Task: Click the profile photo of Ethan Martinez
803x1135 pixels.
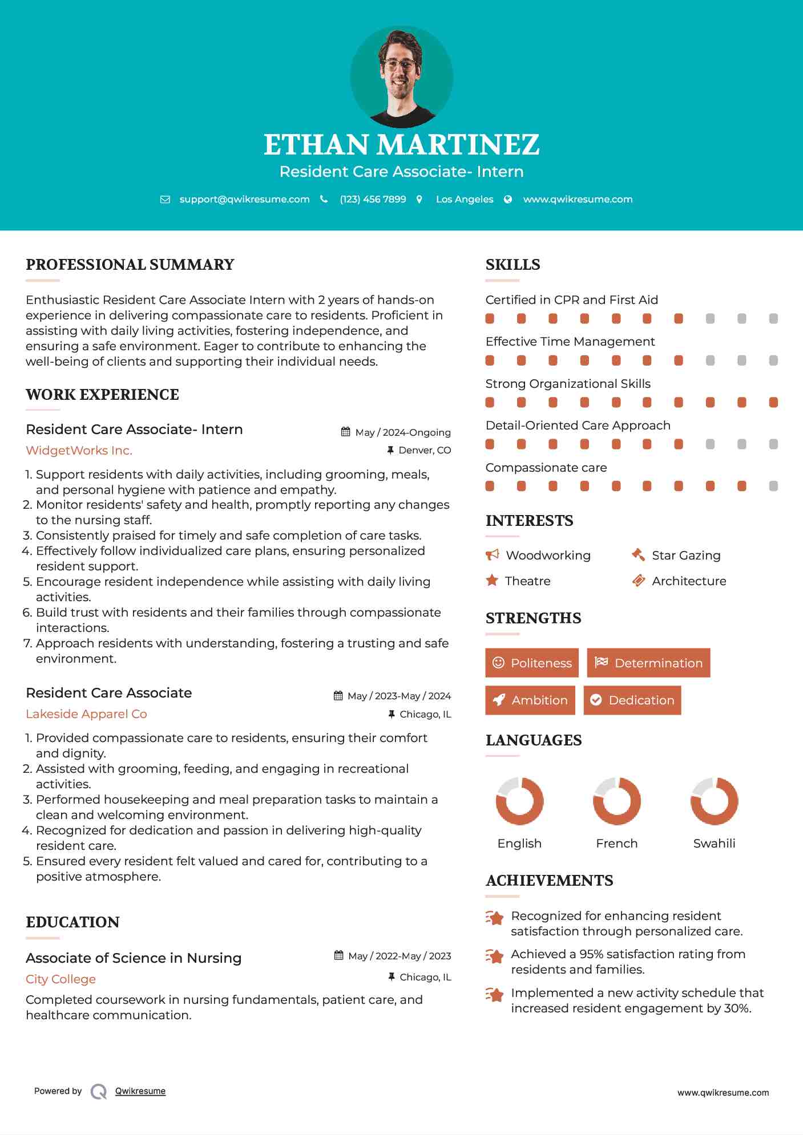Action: coord(401,77)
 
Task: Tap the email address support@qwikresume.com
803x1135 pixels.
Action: coord(244,199)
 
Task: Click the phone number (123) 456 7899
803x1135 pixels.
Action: coord(373,199)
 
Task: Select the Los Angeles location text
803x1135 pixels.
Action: coord(464,199)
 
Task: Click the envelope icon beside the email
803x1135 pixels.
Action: coord(165,199)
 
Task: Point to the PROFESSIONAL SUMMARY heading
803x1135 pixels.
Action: coord(130,265)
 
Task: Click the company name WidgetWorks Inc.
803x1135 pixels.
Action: coord(79,451)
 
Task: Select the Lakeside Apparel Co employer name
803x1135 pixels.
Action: coord(86,714)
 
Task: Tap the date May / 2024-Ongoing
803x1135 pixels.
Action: coord(402,432)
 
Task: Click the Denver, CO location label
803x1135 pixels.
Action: coord(424,450)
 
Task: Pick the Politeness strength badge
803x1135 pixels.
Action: coord(531,663)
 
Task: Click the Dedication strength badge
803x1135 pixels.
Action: coord(632,700)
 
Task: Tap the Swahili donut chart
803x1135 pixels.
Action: coord(714,801)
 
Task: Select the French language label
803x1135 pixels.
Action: coord(616,843)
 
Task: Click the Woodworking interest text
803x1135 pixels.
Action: coord(548,556)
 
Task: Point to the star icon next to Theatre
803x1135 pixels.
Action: coord(491,581)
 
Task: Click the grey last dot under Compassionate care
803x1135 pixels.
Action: coord(773,486)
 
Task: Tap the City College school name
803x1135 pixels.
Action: coord(60,979)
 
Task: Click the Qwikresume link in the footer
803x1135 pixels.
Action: coord(140,1091)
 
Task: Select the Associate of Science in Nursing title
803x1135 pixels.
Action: coord(134,958)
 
